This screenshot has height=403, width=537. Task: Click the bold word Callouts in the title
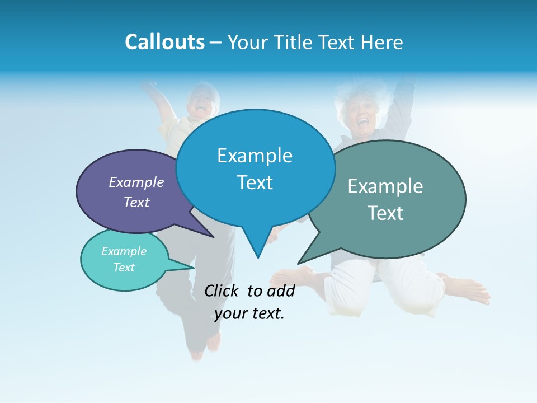pos(164,42)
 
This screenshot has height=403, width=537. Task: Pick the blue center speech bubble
pos(255,168)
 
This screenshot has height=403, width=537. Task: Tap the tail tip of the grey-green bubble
pos(299,263)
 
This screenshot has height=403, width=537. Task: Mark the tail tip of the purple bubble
pos(213,237)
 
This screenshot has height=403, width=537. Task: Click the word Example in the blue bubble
pos(255,156)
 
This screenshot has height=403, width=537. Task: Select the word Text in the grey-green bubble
pos(385,213)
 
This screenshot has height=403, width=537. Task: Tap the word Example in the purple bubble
pos(136,182)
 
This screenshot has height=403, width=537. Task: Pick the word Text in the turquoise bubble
pos(124,268)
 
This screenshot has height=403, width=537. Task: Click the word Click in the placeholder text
pos(221,290)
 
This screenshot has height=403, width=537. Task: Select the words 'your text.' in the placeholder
pos(249,313)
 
